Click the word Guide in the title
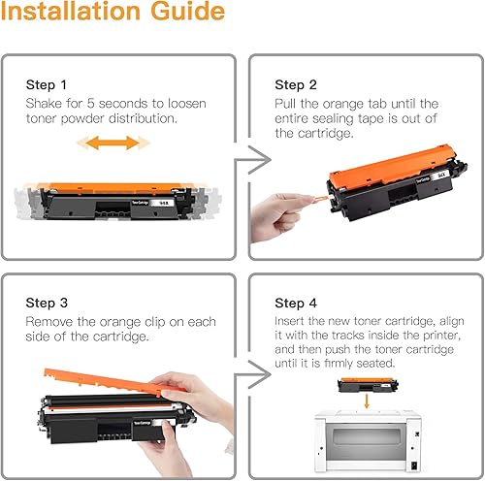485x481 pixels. pos(187,11)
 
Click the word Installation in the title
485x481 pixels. pos(71,11)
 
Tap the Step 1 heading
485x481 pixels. pos(47,85)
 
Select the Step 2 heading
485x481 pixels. pos(296,85)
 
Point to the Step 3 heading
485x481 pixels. pos(47,303)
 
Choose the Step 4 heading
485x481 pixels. pos(296,304)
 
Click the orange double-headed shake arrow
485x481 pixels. pos(113,143)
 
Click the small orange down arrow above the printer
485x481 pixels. pos(367,401)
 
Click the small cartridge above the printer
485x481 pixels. pos(368,385)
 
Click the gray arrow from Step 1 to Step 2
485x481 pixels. pos(253,160)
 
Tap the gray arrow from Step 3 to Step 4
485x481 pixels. pos(253,374)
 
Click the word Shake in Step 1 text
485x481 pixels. pos(44,104)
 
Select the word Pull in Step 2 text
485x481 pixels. pos(285,104)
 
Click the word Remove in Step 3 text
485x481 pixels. pos(49,322)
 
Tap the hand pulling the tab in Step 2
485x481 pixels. pos(280,216)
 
